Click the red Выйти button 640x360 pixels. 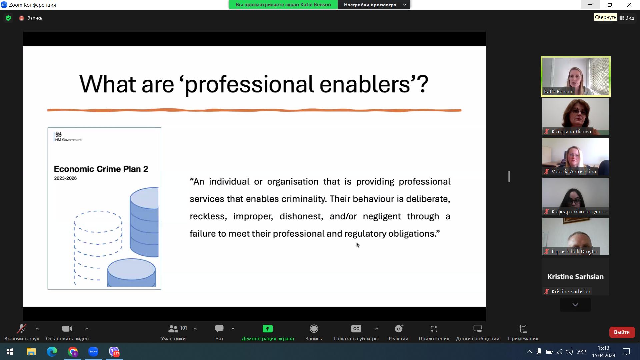pyautogui.click(x=622, y=332)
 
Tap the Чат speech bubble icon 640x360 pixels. pyautogui.click(x=219, y=329)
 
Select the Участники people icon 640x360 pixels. pyautogui.click(x=173, y=329)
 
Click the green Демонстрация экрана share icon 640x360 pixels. pyautogui.click(x=267, y=329)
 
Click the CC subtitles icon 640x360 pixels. pyautogui.click(x=356, y=329)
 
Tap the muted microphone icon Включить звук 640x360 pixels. pyautogui.click(x=22, y=329)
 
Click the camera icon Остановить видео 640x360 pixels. pyautogui.click(x=67, y=329)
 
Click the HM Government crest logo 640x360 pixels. pyautogui.click(x=59, y=135)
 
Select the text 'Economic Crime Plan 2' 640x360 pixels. pyautogui.click(x=101, y=169)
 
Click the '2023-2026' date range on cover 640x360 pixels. pyautogui.click(x=65, y=178)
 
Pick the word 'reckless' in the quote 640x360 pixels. pyautogui.click(x=208, y=216)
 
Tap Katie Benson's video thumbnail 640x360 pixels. pyautogui.click(x=576, y=77)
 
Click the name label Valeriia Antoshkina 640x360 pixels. pyautogui.click(x=574, y=172)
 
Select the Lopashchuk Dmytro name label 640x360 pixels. pyautogui.click(x=575, y=252)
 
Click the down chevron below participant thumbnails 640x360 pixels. pyautogui.click(x=575, y=305)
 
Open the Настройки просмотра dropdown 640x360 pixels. pyautogui.click(x=374, y=5)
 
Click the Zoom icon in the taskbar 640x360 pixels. pyautogui.click(x=93, y=351)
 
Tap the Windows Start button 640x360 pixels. pyautogui.click(x=10, y=352)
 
